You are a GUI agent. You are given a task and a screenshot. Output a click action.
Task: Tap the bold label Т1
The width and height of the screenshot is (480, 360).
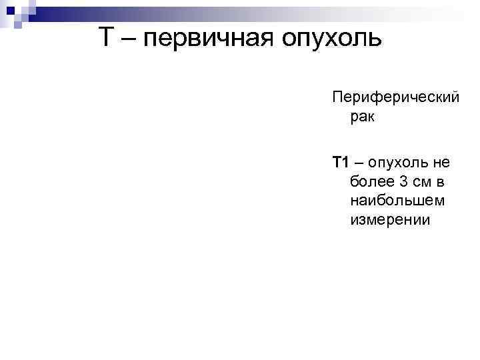point(341,162)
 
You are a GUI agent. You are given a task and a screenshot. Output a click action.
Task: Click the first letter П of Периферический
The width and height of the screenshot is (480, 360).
point(337,97)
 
